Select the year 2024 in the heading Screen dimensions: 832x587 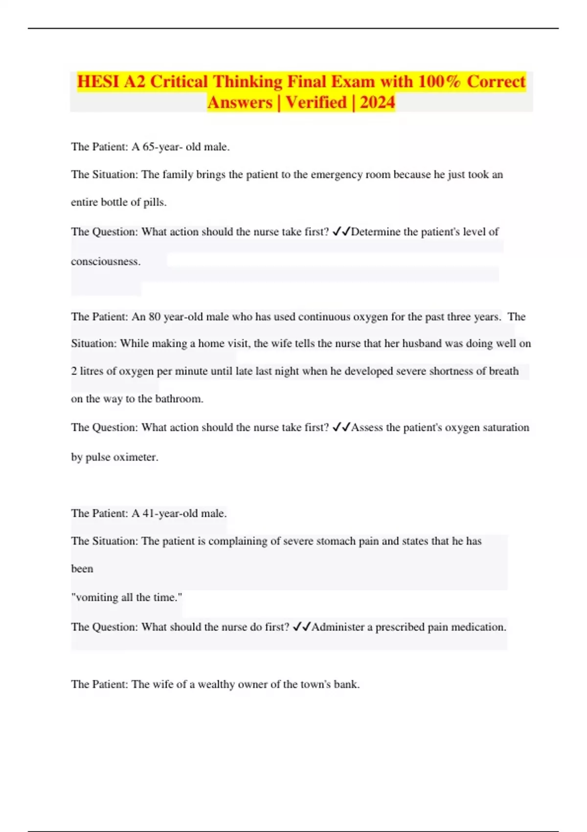377,102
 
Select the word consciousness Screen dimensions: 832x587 106,261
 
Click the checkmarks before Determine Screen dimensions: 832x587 341,231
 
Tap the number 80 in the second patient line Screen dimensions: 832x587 155,317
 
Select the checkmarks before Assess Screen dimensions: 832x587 341,427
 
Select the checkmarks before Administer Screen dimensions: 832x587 301,627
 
